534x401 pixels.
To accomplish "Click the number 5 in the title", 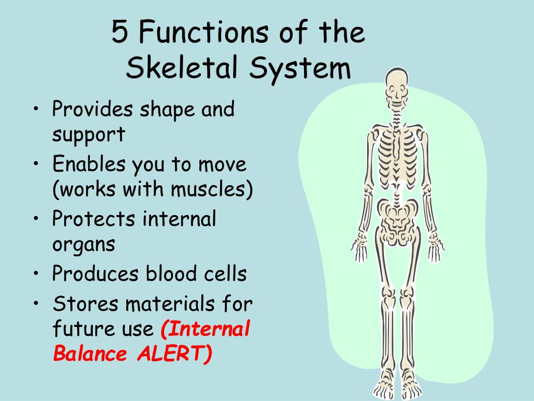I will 119,33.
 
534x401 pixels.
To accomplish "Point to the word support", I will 89,135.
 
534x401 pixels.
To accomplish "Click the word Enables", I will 89,165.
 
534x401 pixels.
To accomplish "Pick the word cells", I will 224,274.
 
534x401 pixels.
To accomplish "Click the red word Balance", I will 90,354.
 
